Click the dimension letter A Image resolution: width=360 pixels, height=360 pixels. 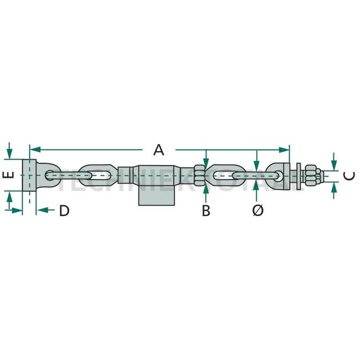pyautogui.click(x=159, y=150)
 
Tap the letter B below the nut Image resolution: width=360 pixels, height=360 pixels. pyautogui.click(x=205, y=210)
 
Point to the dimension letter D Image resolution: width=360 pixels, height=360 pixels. pyautogui.click(x=64, y=210)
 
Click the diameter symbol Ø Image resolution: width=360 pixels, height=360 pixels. pyautogui.click(x=257, y=210)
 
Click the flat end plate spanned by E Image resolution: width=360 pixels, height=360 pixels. pyautogui.click(x=32, y=175)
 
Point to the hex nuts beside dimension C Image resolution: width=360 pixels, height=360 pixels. pyautogui.click(x=312, y=175)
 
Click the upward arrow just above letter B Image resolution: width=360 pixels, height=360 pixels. pyautogui.click(x=205, y=190)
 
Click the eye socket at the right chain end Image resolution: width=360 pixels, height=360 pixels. pyautogui.click(x=278, y=174)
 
